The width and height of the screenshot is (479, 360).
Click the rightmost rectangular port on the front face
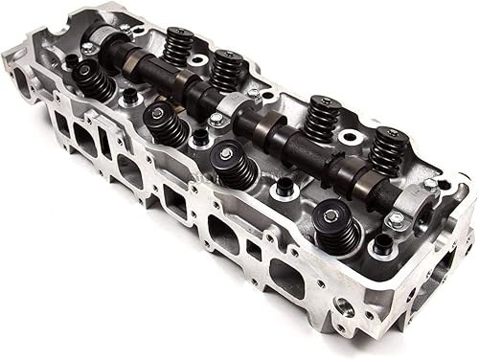click(x=285, y=277)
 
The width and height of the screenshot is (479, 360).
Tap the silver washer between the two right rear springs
click(x=349, y=137)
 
